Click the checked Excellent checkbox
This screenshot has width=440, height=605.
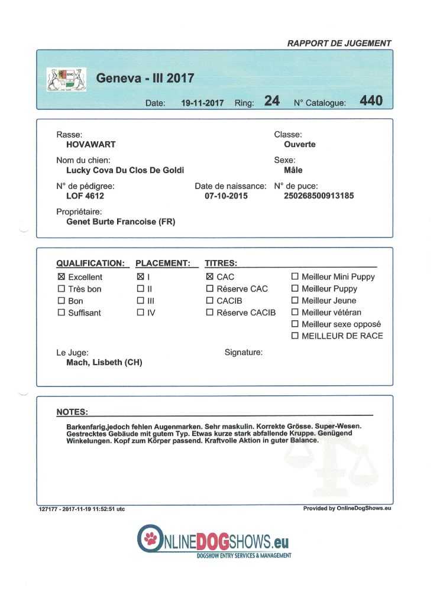(x=61, y=277)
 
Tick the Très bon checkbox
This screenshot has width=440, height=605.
(x=61, y=289)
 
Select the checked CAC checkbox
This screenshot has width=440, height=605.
(x=209, y=277)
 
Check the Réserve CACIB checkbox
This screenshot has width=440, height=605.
(x=209, y=313)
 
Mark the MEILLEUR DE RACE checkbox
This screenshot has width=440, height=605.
(x=295, y=336)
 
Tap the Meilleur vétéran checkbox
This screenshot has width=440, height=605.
(x=295, y=313)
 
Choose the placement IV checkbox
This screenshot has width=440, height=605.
(x=140, y=313)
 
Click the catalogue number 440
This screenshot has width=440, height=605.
(x=371, y=101)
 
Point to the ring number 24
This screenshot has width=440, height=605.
(x=271, y=101)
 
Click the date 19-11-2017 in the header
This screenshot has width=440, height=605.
(x=202, y=103)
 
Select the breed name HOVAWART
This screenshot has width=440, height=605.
(x=90, y=144)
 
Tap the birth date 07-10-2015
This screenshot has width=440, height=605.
(x=226, y=196)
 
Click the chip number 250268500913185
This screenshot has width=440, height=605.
(x=319, y=196)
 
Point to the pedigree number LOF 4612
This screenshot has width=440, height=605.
(x=85, y=196)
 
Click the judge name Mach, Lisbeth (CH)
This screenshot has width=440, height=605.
(x=104, y=363)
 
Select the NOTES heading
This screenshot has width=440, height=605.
(x=72, y=412)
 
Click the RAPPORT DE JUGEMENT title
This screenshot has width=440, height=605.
(x=339, y=43)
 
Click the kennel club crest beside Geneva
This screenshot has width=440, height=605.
(x=67, y=79)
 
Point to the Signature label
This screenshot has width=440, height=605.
(x=244, y=353)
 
